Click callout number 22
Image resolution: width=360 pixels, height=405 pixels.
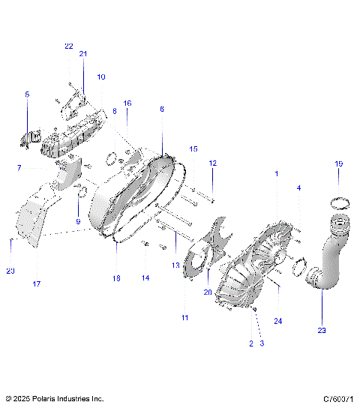coord(68,46)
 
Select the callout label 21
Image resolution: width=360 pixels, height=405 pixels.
coord(83,54)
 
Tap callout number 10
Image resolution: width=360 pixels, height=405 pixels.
coord(101,76)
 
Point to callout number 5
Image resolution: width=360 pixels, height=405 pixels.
coord(27,94)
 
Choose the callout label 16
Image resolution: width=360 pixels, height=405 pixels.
coord(127,103)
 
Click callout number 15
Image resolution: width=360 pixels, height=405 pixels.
coord(193,148)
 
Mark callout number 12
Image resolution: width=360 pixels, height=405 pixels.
coord(212,163)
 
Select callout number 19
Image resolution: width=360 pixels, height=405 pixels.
coord(338,163)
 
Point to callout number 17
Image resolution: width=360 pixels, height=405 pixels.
coord(37,283)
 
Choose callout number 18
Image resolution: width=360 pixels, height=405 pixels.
coord(116,278)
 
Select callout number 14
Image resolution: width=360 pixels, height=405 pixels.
coord(145,278)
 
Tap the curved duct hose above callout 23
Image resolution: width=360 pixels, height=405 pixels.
coord(328,255)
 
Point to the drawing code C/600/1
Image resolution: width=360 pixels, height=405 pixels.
coord(338,398)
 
